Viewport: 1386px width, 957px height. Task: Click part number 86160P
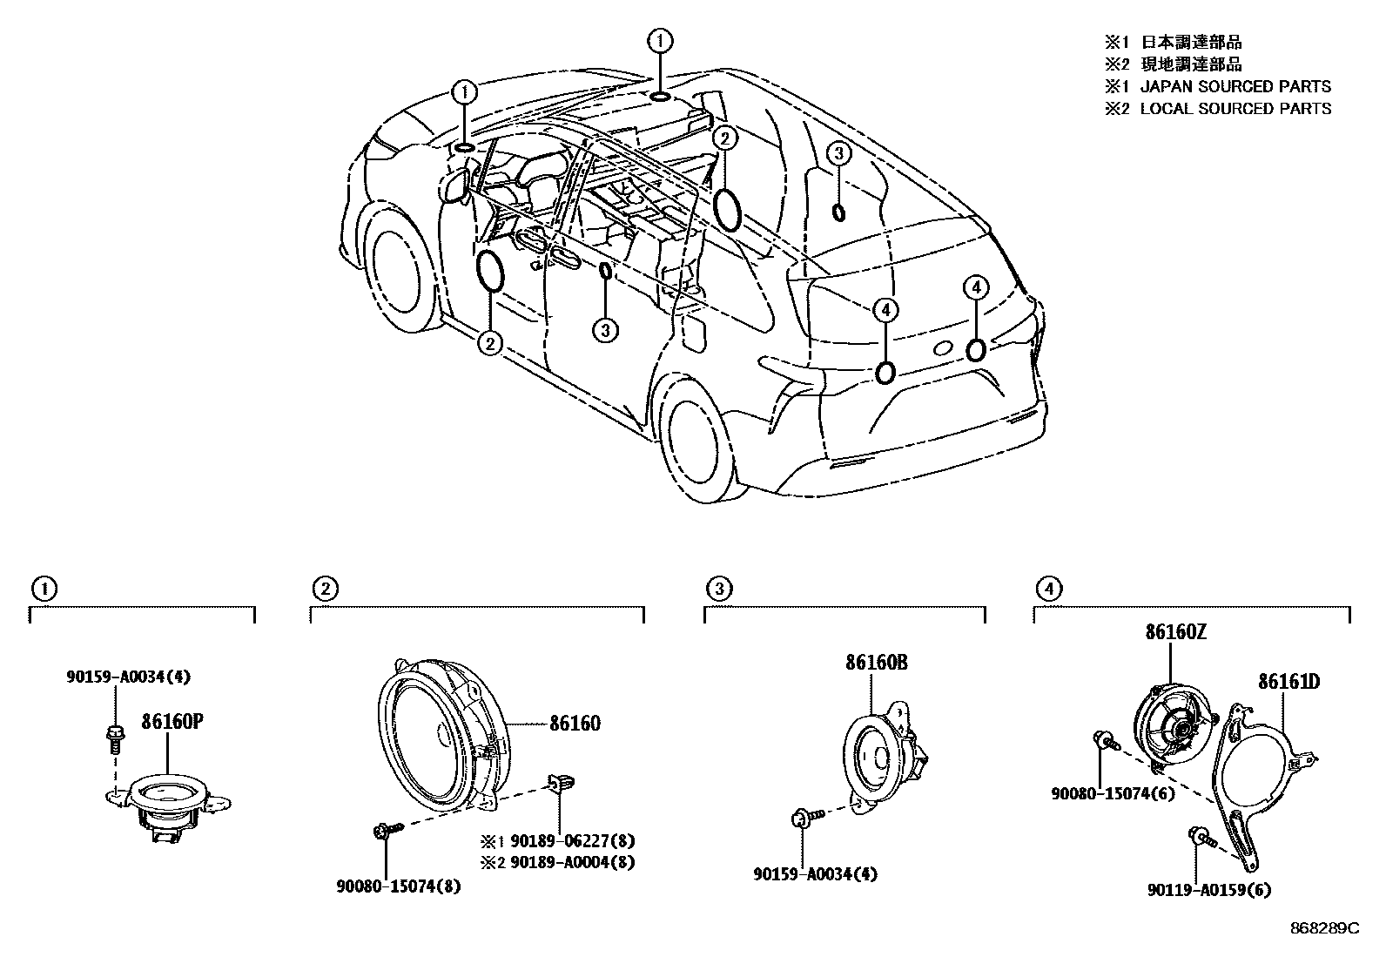pos(174,722)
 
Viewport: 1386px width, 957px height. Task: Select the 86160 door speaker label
pos(574,723)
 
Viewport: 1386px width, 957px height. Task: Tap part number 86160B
pos(876,663)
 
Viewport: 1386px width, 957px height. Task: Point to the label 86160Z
pos(1175,633)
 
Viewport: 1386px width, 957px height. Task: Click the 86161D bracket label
pos(1288,681)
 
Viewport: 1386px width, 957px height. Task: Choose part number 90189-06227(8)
pos(572,841)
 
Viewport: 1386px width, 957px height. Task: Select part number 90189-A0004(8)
pos(572,862)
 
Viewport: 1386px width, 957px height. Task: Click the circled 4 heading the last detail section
pos(1047,590)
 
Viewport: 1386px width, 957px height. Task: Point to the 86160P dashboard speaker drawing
pos(169,801)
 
